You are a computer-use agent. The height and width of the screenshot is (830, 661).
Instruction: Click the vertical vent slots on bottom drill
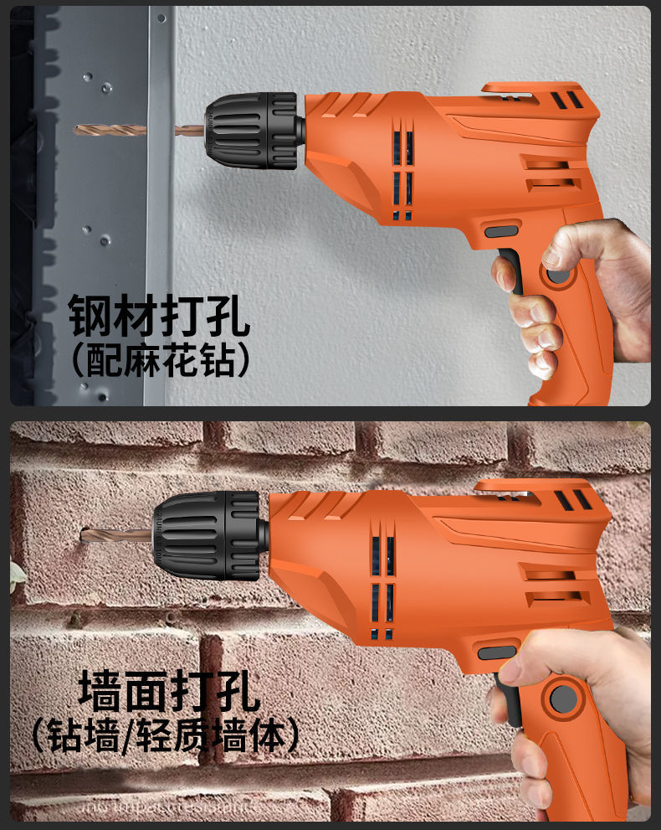[x=382, y=578]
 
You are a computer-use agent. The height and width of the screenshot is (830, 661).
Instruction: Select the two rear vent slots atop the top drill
[x=566, y=101]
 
